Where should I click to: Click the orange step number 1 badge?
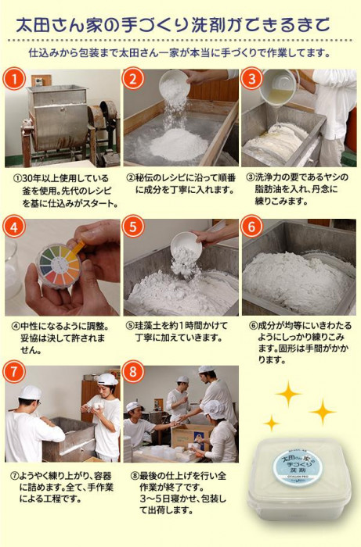[x=15, y=79]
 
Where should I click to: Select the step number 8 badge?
[x=133, y=372]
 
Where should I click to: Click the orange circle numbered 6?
[x=252, y=227]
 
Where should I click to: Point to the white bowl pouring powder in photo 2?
[x=175, y=84]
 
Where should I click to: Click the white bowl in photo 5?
[x=186, y=245]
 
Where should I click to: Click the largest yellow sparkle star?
[x=288, y=394]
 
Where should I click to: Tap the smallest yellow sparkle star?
[x=271, y=424]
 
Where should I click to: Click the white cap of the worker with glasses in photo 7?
[x=30, y=392]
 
